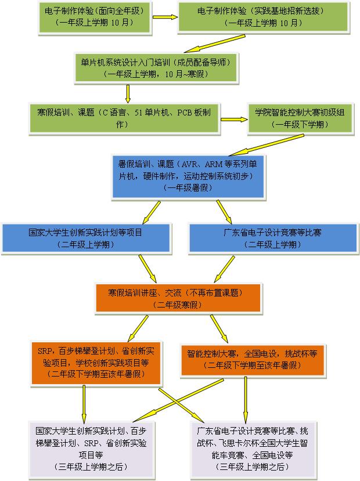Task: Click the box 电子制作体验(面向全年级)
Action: [93, 16]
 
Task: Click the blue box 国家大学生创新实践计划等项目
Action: [86, 238]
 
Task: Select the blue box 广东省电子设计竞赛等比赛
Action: [272, 238]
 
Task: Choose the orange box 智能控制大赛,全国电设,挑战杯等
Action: [251, 359]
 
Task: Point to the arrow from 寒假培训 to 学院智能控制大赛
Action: [233, 120]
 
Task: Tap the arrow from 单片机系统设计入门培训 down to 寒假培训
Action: [128, 93]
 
